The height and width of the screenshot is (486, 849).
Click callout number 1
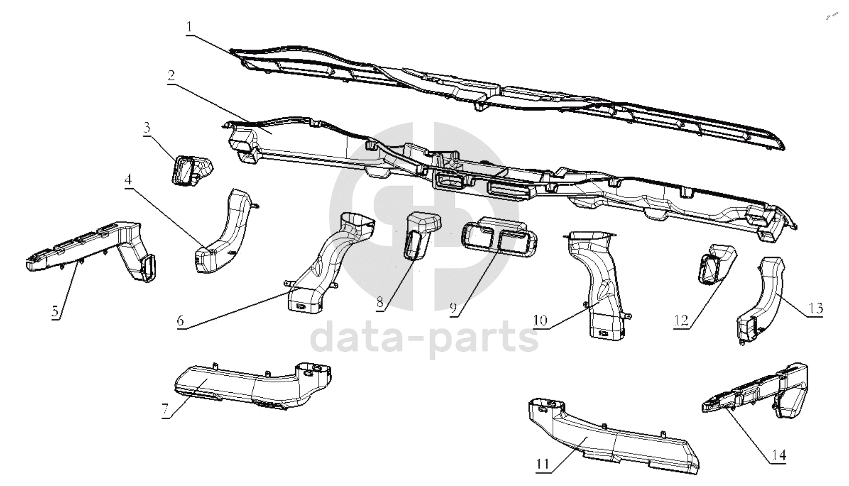189,26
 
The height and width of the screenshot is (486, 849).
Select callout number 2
171,75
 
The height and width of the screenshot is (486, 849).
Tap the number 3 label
146,127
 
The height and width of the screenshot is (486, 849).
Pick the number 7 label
165,410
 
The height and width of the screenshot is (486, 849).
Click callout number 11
543,464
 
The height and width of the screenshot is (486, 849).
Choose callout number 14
779,455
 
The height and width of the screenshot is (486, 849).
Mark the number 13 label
815,309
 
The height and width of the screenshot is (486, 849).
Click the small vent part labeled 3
191,170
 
